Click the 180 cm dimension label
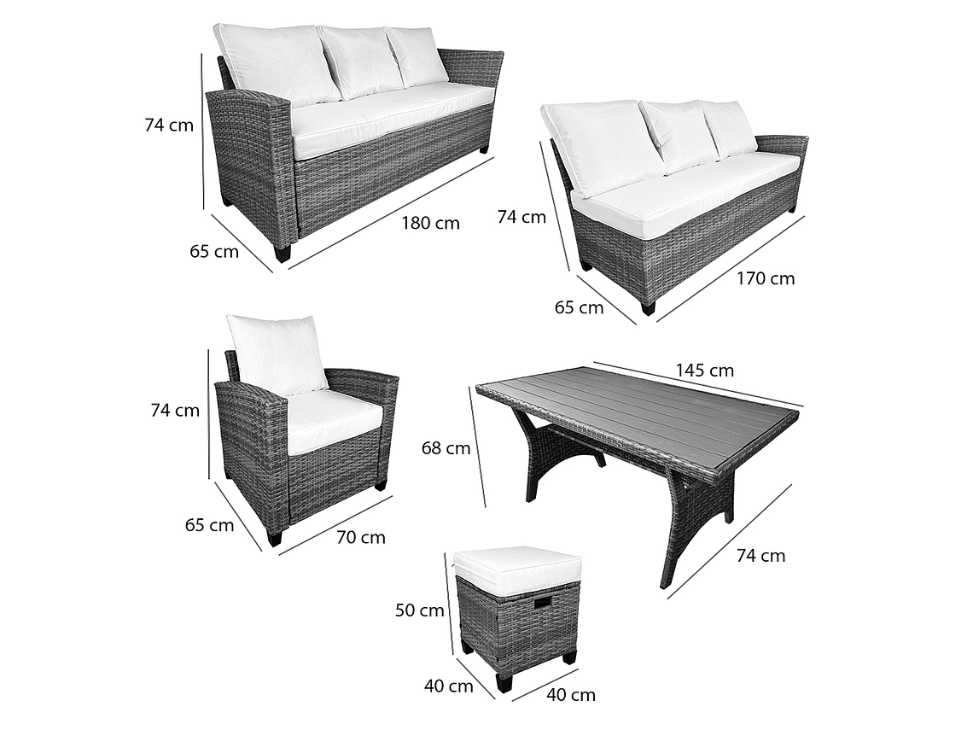(x=431, y=223)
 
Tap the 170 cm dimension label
(x=766, y=278)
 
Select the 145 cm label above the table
(x=705, y=371)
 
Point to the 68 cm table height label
(x=446, y=447)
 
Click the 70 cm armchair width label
(x=360, y=537)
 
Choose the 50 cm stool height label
(x=419, y=610)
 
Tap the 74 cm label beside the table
(x=760, y=556)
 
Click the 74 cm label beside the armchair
(x=175, y=411)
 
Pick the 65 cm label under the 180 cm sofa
(x=214, y=251)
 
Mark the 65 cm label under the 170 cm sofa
(x=579, y=307)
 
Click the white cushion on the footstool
(x=517, y=563)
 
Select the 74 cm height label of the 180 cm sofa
(x=169, y=125)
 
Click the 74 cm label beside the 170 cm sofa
(x=521, y=217)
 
